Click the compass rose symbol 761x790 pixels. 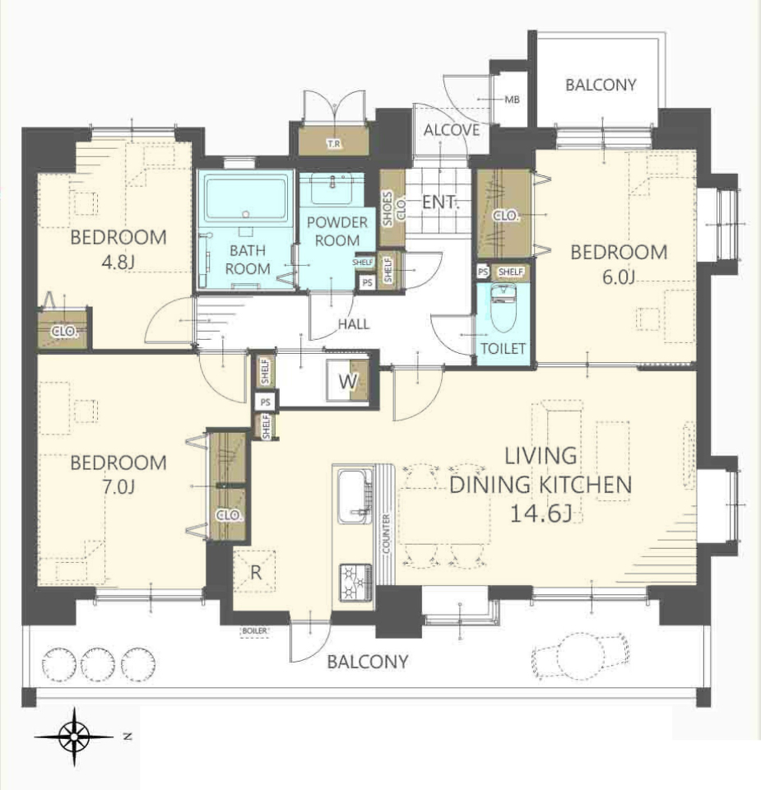click(74, 737)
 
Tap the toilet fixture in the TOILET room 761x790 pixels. click(503, 308)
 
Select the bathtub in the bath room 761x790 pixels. click(245, 197)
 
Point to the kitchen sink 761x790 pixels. click(355, 496)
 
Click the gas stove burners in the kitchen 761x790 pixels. click(356, 583)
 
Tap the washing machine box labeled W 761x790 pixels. click(347, 381)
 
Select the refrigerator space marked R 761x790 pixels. click(255, 571)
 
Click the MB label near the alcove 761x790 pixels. click(512, 100)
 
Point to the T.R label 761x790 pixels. click(333, 144)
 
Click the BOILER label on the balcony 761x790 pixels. click(255, 631)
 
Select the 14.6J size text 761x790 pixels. click(541, 513)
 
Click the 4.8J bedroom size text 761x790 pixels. click(118, 262)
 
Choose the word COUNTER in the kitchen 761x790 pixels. click(387, 533)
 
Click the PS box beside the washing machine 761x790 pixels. click(266, 402)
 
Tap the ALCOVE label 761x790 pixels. click(452, 130)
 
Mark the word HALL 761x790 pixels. click(354, 324)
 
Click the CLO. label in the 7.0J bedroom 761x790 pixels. click(230, 515)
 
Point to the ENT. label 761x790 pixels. click(440, 202)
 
